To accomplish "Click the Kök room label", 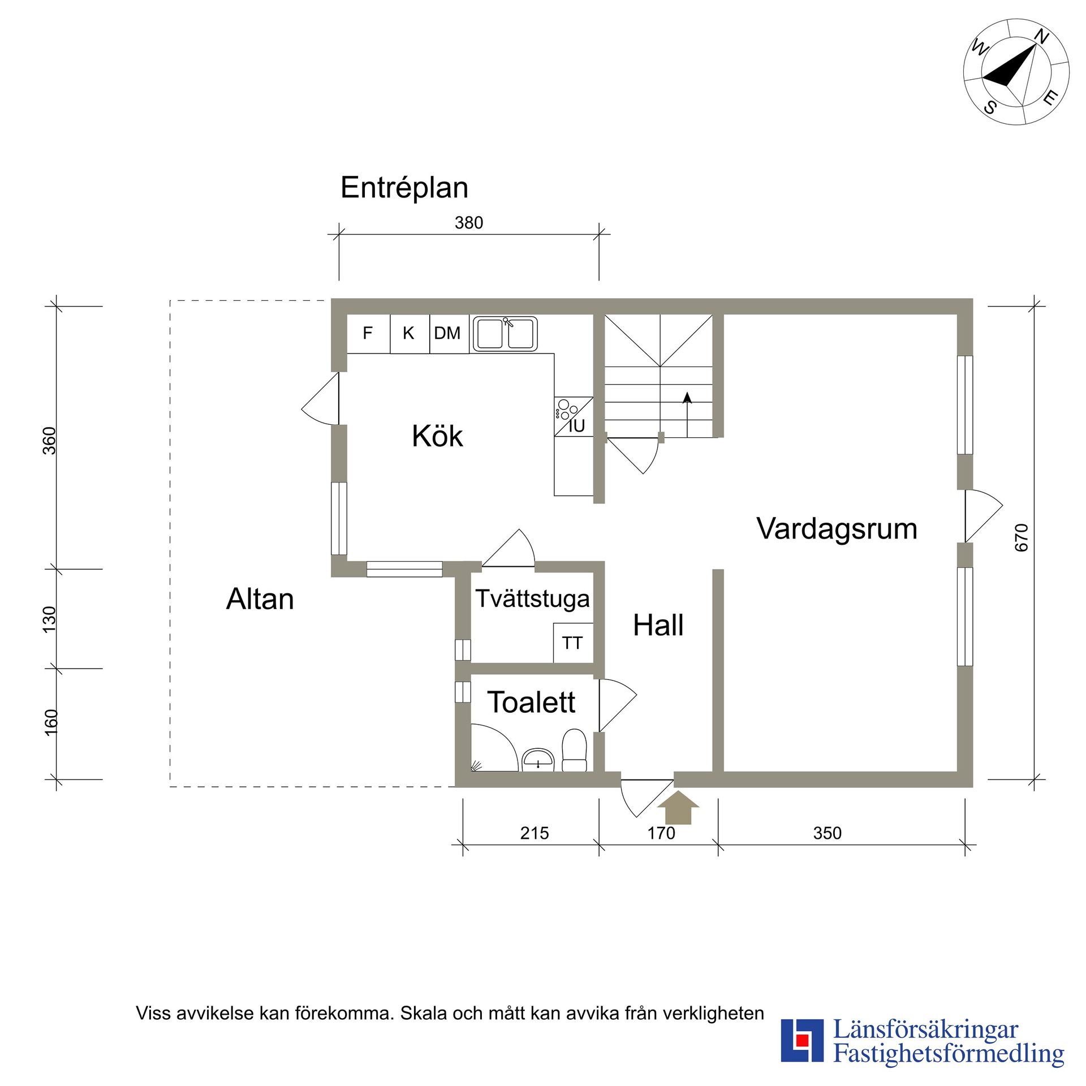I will click(x=437, y=436).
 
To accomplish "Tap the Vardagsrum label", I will click(x=837, y=529).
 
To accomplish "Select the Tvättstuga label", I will click(x=532, y=598).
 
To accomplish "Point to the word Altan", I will click(x=260, y=599).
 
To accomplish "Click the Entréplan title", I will click(x=404, y=187).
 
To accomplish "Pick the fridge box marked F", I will click(x=368, y=333).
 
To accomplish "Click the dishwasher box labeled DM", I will click(x=447, y=333).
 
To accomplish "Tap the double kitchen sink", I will click(x=505, y=334).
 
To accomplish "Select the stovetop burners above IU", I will click(x=566, y=409).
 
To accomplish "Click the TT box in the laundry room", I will click(x=572, y=643).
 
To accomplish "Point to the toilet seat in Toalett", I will click(x=574, y=749).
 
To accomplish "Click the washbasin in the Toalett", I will click(x=537, y=759).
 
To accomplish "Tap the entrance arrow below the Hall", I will click(x=678, y=807).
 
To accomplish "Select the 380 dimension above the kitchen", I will click(x=469, y=223).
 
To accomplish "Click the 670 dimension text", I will click(x=1022, y=537).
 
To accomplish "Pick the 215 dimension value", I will click(x=535, y=833).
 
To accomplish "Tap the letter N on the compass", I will click(x=1041, y=37).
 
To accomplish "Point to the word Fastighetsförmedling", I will click(x=949, y=1054).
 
